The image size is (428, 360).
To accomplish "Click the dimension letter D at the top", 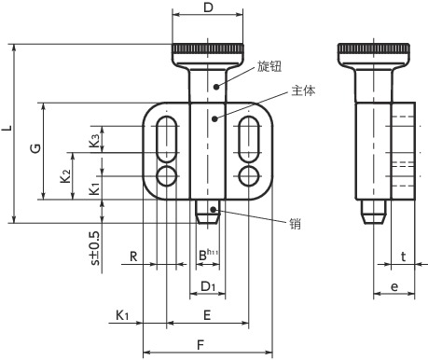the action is [208, 7].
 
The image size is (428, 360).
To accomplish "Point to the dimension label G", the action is [36, 148].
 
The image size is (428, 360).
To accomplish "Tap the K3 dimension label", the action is [94, 140].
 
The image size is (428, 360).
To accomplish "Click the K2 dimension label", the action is [65, 176].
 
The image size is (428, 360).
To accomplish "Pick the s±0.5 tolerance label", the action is [95, 248].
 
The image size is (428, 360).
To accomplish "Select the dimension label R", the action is [133, 256].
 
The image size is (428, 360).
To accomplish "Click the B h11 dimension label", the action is [208, 255].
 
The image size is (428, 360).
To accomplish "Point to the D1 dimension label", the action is [208, 286].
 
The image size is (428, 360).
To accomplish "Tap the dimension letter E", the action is [207, 315].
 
